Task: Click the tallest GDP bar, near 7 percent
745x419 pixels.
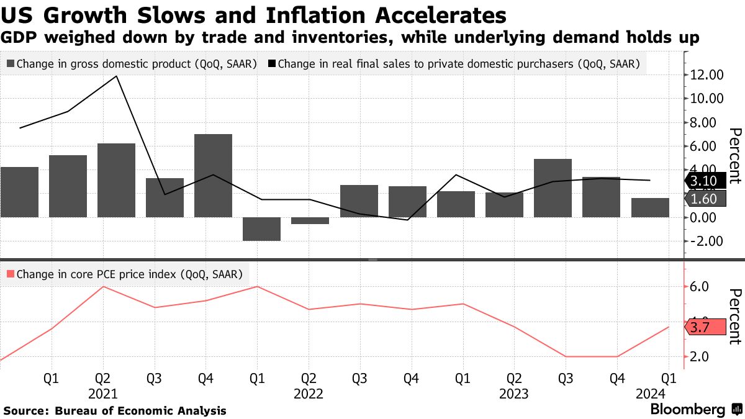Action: coord(213,175)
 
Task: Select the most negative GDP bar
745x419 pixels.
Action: coord(261,228)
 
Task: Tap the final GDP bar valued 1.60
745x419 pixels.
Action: coord(650,207)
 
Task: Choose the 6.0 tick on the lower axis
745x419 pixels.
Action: coord(699,287)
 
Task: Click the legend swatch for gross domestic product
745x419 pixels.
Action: coord(11,63)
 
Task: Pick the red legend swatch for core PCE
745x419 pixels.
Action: coord(11,274)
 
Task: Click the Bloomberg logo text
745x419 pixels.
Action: coord(687,410)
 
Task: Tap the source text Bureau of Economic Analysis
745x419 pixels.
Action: coord(140,411)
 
